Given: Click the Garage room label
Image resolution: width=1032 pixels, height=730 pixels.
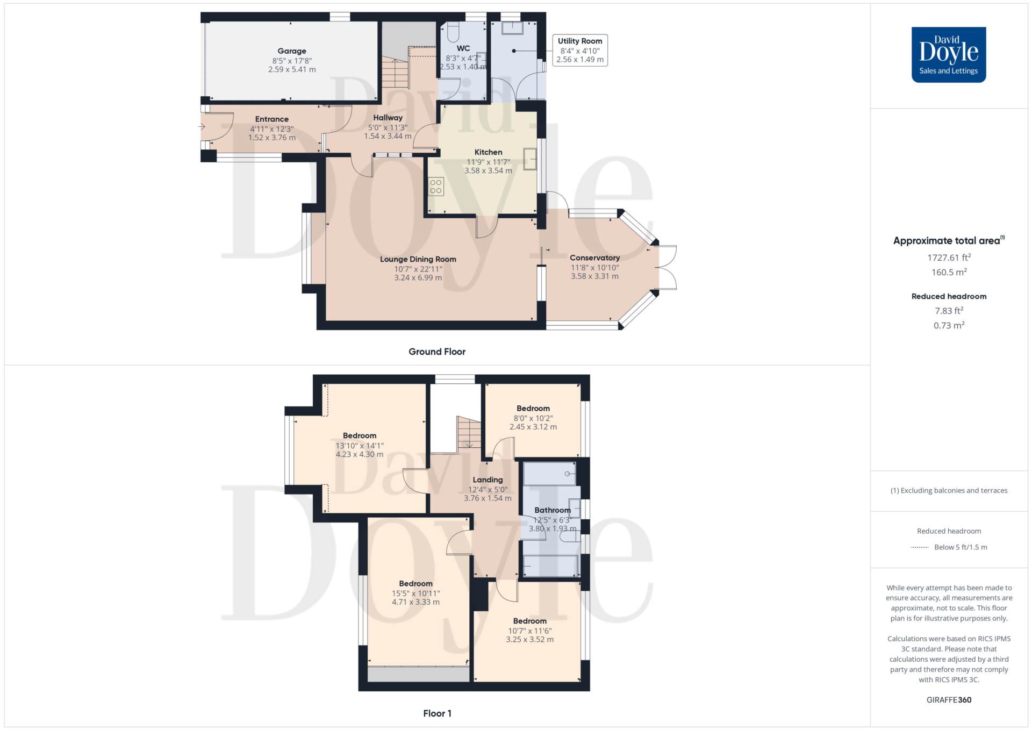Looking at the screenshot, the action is (292, 51).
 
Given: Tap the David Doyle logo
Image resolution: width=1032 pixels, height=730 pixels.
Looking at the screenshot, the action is (949, 55).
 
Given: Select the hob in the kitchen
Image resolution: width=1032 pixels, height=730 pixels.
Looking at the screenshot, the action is (436, 187).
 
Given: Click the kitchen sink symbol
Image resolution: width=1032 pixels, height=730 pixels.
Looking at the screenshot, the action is (530, 159).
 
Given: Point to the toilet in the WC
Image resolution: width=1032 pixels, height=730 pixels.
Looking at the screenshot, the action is (451, 32).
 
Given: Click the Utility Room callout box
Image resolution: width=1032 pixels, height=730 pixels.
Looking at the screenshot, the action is (580, 50).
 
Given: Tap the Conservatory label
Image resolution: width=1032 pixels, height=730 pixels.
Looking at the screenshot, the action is (594, 258).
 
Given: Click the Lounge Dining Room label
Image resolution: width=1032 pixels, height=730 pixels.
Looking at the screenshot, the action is (418, 259).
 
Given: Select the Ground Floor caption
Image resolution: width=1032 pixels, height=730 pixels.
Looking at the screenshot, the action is (437, 352).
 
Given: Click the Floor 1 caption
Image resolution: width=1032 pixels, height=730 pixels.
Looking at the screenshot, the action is (437, 713).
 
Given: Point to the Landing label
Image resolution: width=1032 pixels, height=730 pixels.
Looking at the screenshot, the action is (488, 480).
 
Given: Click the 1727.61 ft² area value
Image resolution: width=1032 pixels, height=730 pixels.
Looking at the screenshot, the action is (949, 257).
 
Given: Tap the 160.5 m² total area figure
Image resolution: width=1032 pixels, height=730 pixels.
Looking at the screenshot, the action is (949, 272).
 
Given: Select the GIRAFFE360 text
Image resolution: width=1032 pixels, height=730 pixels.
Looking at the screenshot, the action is (949, 700).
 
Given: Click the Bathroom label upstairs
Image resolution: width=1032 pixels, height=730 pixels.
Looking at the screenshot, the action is (553, 510).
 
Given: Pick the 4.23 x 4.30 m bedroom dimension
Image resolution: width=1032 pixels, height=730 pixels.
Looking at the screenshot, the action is (360, 454).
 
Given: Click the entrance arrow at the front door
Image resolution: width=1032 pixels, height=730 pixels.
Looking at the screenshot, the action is (202, 127).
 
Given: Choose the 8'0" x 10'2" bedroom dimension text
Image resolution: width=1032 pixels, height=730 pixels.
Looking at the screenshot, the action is (533, 418).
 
